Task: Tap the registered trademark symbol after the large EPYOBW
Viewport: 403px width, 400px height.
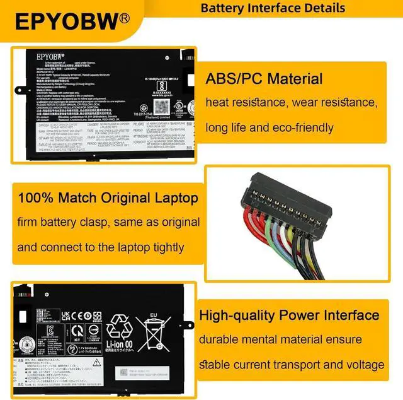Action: (125, 17)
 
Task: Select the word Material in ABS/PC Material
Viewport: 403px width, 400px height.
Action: (291, 79)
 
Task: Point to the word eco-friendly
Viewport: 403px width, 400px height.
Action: (301, 127)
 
